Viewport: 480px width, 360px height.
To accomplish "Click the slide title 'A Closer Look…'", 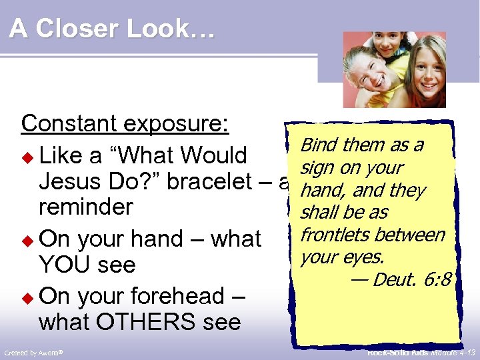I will tap(112, 29).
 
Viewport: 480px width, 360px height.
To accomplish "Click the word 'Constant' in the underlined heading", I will tap(63, 123).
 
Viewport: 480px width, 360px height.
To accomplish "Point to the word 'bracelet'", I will tap(215, 181).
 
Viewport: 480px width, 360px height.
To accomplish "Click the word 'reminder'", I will tap(86, 207).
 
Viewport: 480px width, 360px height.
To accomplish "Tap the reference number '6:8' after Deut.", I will tap(439, 280).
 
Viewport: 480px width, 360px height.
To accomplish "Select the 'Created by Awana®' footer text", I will tap(33, 352).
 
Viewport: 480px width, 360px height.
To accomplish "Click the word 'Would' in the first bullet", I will tap(214, 156).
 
